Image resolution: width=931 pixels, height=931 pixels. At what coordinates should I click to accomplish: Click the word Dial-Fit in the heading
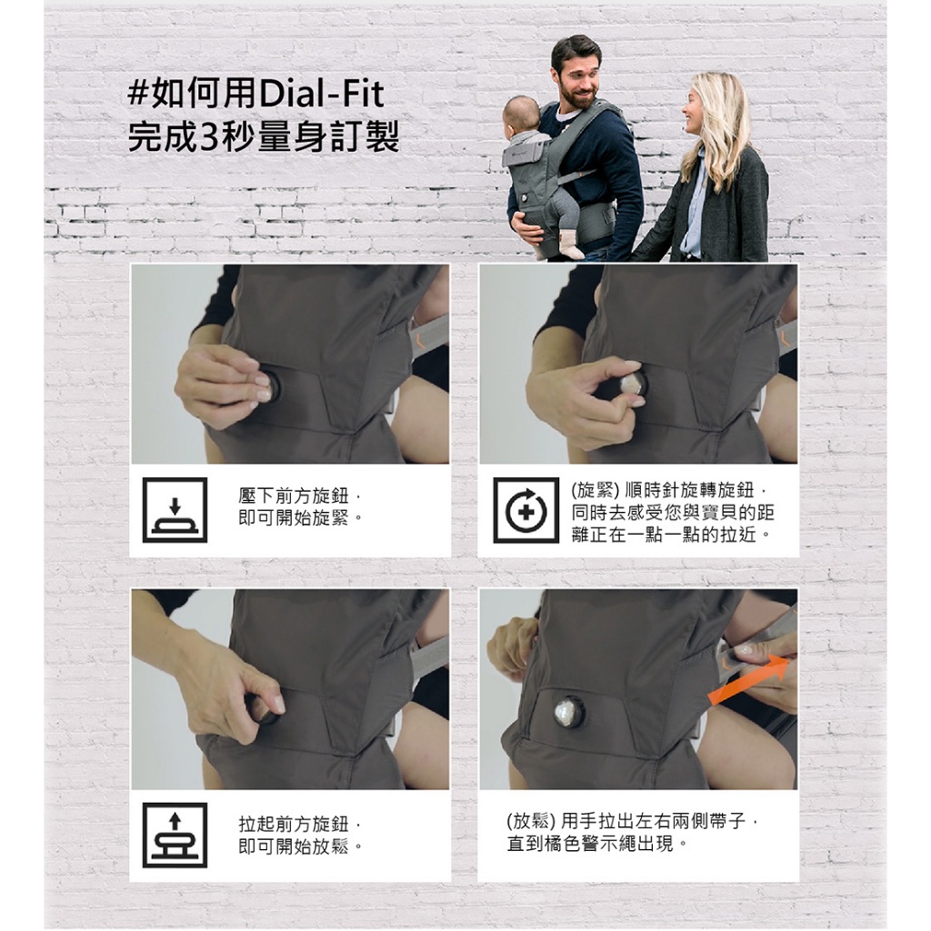click(x=321, y=95)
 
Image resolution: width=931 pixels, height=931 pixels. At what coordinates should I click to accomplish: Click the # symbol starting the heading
click(x=138, y=95)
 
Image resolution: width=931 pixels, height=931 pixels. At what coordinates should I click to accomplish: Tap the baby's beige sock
click(x=569, y=245)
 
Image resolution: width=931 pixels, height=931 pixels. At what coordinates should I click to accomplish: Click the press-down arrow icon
click(x=175, y=510)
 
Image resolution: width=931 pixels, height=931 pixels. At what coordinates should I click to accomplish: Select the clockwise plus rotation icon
click(x=526, y=510)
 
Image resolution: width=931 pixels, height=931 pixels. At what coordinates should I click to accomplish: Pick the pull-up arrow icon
click(x=175, y=835)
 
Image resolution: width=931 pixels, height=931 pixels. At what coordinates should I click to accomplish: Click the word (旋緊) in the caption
click(x=595, y=490)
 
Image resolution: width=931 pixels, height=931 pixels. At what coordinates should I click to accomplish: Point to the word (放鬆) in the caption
click(x=531, y=821)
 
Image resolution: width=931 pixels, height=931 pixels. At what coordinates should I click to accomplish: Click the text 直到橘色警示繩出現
click(x=590, y=843)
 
